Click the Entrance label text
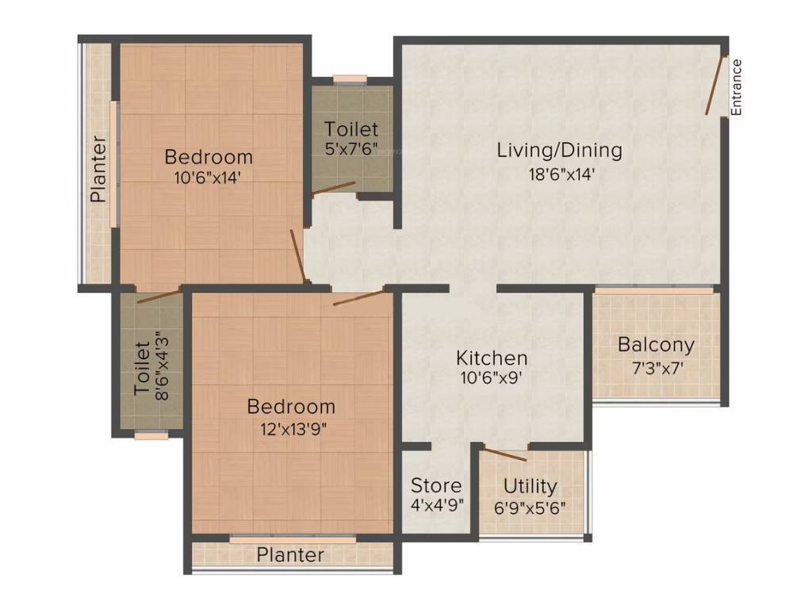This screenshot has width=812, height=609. point(737,88)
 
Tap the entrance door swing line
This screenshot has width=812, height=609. point(716,85)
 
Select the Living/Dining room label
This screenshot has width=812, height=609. point(559,150)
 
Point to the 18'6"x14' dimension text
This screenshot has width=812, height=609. point(559,174)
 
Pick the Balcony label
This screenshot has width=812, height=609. point(656,345)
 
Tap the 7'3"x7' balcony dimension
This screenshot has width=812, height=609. point(656,368)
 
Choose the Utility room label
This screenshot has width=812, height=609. point(530,485)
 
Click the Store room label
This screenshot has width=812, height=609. point(435,485)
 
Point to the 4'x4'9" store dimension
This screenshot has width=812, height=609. point(435,505)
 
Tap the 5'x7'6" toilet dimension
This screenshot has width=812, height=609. point(351,148)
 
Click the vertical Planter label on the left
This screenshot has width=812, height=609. point(98,169)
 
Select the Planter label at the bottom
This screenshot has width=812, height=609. point(290,555)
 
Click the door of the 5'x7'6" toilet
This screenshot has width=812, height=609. point(333,188)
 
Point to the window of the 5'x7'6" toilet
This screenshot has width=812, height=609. point(350,79)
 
